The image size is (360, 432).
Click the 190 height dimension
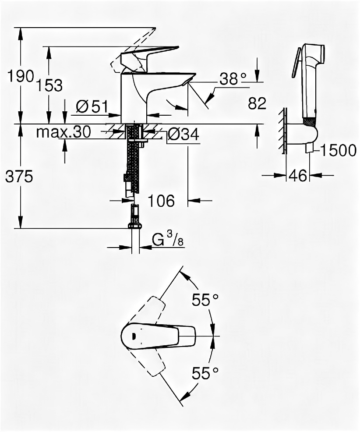click(x=21, y=76)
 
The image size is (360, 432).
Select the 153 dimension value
click(x=49, y=85)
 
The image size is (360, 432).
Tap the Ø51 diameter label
click(x=92, y=106)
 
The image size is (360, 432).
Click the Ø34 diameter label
click(x=183, y=135)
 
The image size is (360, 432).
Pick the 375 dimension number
click(x=19, y=177)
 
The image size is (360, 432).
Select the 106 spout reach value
click(x=160, y=201)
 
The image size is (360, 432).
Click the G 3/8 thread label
click(x=167, y=240)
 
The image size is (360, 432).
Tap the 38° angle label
click(x=233, y=79)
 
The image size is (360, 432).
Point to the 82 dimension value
click(x=257, y=103)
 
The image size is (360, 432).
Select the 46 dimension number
click(x=298, y=176)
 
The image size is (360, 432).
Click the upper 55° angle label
click(x=205, y=300)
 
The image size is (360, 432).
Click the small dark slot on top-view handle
click(x=133, y=336)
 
